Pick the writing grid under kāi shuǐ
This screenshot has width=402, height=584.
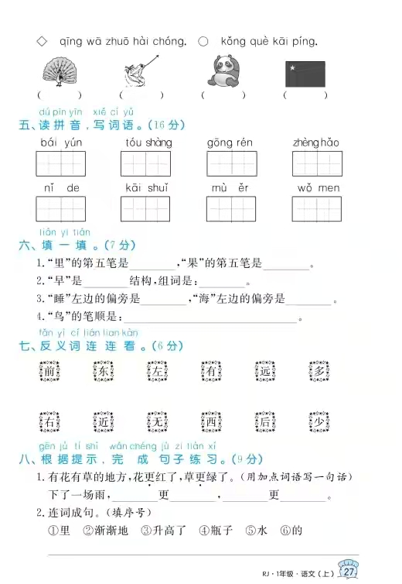(x=145, y=209)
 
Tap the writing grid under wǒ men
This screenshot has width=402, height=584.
(x=317, y=209)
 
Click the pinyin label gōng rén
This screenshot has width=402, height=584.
(x=230, y=143)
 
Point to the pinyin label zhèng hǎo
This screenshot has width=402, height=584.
(x=316, y=143)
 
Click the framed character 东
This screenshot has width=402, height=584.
(x=103, y=372)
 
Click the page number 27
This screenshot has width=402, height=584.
(x=349, y=572)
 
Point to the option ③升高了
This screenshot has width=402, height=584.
(x=163, y=531)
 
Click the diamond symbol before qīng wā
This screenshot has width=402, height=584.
(x=42, y=40)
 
